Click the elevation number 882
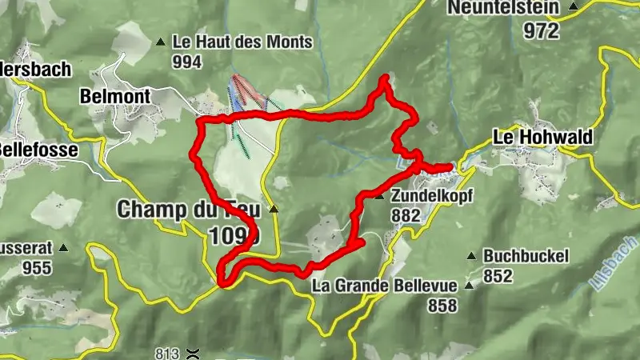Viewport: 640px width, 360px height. click(x=406, y=215)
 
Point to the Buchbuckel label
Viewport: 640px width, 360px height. click(x=526, y=257)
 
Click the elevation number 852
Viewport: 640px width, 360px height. click(x=498, y=276)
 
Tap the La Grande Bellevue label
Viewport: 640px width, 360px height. click(x=384, y=286)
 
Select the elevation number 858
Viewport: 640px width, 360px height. click(x=442, y=305)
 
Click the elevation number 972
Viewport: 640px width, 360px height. click(x=541, y=30)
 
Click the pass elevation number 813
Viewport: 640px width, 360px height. click(x=166, y=353)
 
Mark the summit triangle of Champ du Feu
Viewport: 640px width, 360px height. click(x=274, y=210)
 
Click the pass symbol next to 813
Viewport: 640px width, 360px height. click(x=191, y=353)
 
